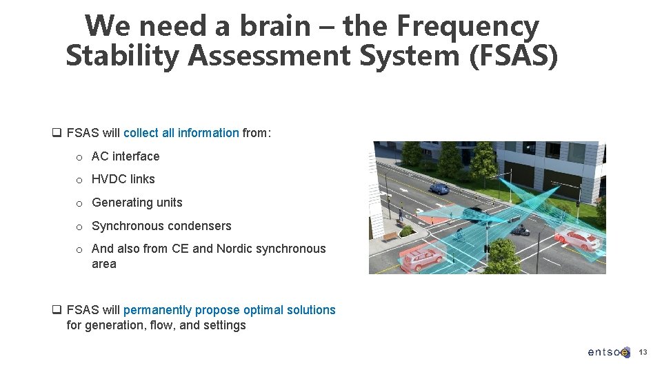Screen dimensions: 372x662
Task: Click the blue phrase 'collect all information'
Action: coord(181,133)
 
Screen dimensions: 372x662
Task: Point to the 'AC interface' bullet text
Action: coord(126,156)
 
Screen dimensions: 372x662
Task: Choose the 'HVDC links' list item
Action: coord(123,179)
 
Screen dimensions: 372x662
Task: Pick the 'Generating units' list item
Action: coord(137,203)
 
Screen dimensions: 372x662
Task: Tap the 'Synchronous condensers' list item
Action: coord(161,226)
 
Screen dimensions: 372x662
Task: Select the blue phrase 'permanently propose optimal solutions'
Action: coord(230,310)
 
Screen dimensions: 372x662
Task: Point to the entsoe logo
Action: coord(608,352)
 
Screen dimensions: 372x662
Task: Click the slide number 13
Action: coord(643,352)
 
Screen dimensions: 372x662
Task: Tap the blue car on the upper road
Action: coord(438,189)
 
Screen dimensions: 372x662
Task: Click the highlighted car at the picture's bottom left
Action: coord(421,258)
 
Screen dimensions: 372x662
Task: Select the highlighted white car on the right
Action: coord(576,238)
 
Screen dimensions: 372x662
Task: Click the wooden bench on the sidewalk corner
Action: coord(390,236)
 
